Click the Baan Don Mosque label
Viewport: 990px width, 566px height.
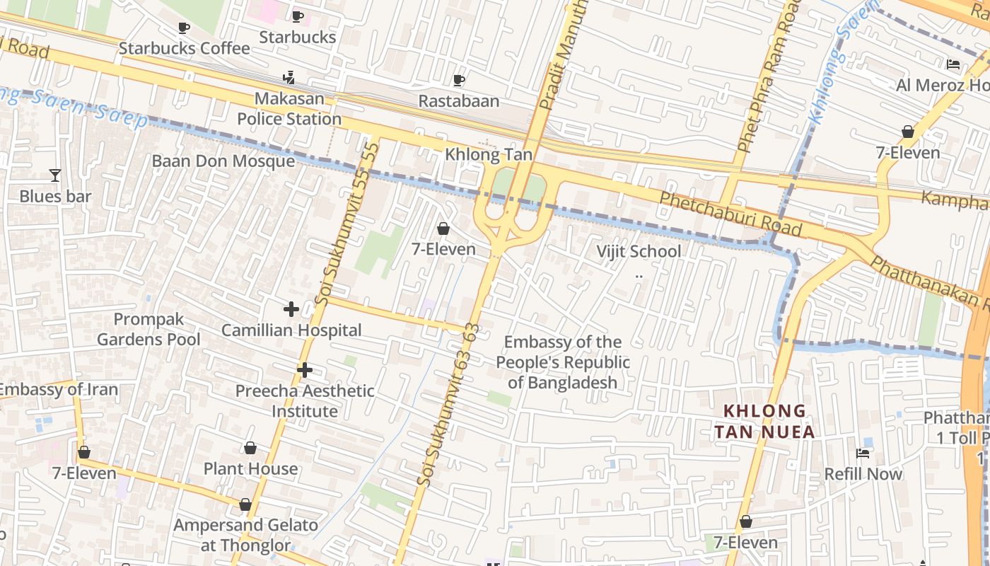click(x=223, y=161)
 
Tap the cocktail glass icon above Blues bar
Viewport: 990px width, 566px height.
click(x=55, y=175)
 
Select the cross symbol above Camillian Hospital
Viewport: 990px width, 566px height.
click(x=291, y=309)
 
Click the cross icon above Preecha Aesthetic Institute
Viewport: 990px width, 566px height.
click(x=304, y=370)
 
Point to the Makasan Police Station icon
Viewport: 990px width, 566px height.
click(x=289, y=77)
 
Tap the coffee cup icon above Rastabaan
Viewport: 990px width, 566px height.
click(x=458, y=80)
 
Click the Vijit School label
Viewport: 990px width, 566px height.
click(x=639, y=251)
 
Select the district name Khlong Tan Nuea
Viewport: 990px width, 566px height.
click(x=764, y=421)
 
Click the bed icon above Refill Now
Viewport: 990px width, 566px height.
click(x=863, y=453)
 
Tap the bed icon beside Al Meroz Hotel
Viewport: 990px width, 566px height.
click(x=953, y=64)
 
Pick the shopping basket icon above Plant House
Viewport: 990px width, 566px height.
click(x=250, y=448)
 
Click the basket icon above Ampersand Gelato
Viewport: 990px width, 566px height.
click(x=245, y=504)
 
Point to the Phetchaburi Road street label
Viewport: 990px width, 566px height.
click(x=730, y=214)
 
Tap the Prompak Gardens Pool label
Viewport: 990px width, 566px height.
click(x=148, y=330)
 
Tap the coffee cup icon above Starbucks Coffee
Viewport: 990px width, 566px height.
click(x=184, y=28)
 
